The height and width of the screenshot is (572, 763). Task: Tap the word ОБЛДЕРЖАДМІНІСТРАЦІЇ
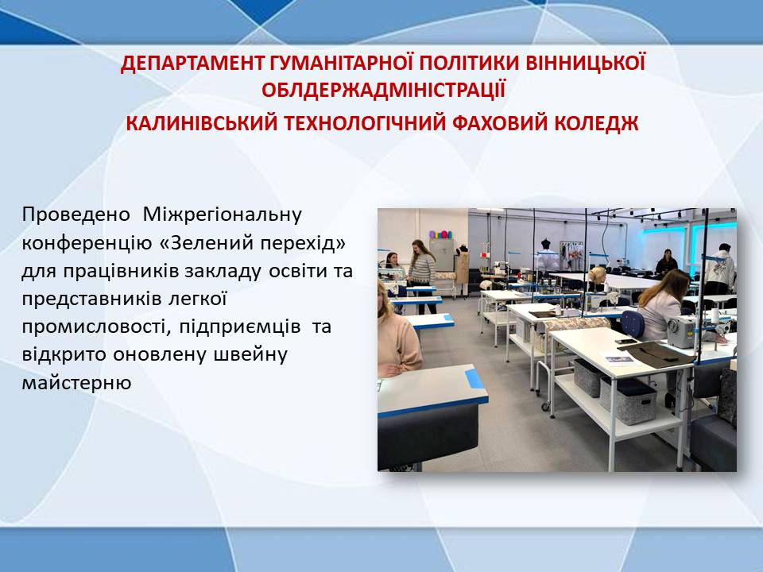coord(383,90)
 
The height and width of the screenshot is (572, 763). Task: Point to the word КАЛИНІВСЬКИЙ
coord(201,124)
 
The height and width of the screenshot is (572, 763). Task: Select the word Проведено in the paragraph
coord(76,214)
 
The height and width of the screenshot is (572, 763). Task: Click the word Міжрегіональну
coord(223,214)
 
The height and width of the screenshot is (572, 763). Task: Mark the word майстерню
coord(76,383)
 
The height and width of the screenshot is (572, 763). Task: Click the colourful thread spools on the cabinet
coord(440,234)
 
